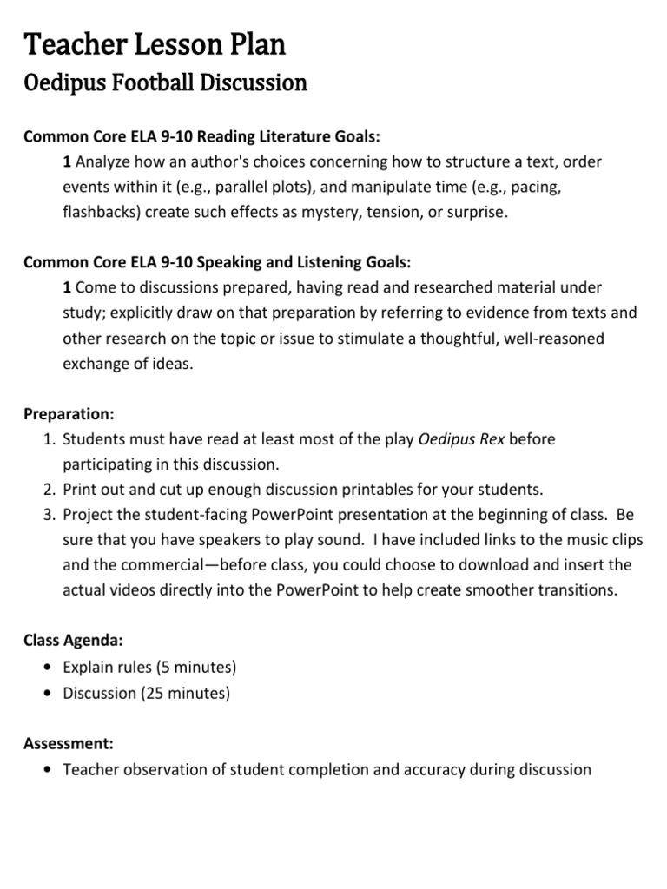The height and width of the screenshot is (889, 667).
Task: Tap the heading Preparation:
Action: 69,414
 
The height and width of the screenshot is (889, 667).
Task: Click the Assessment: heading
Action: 68,744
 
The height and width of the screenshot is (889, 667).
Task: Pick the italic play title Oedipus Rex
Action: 461,439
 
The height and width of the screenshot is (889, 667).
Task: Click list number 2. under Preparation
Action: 50,490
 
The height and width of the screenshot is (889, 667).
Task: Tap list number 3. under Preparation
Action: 50,515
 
